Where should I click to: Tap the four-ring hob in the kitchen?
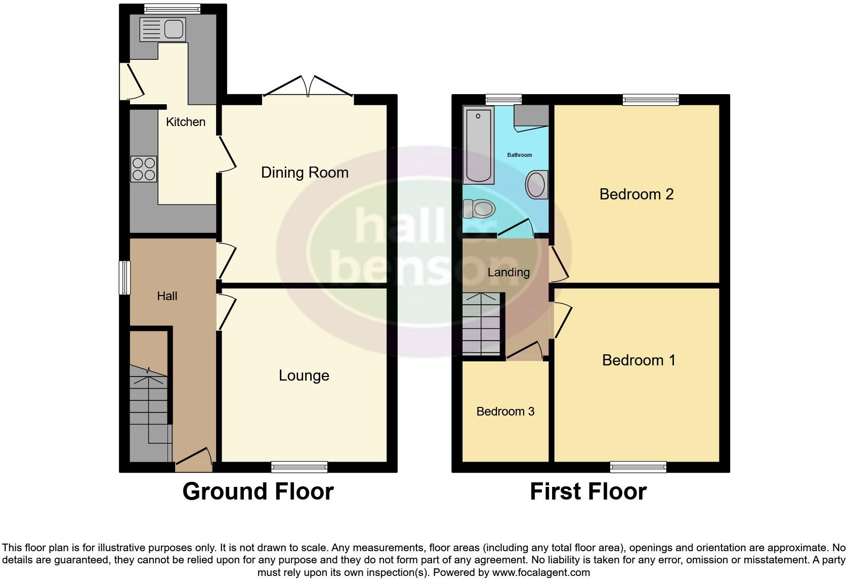click(144, 169)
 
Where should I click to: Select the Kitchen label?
click(186, 122)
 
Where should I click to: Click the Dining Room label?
click(305, 173)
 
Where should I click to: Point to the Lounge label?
click(304, 376)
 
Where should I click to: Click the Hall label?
click(167, 296)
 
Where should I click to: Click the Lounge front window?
click(299, 467)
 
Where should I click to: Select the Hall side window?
click(124, 277)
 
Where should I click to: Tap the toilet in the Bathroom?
click(479, 208)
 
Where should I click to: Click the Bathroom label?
click(520, 155)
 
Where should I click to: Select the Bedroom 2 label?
click(637, 194)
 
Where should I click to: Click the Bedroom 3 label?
click(505, 411)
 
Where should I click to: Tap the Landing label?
click(509, 272)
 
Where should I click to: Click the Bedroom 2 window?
click(651, 100)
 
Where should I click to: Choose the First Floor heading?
click(588, 491)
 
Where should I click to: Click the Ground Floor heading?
click(258, 491)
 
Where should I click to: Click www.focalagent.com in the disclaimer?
click(541, 573)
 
